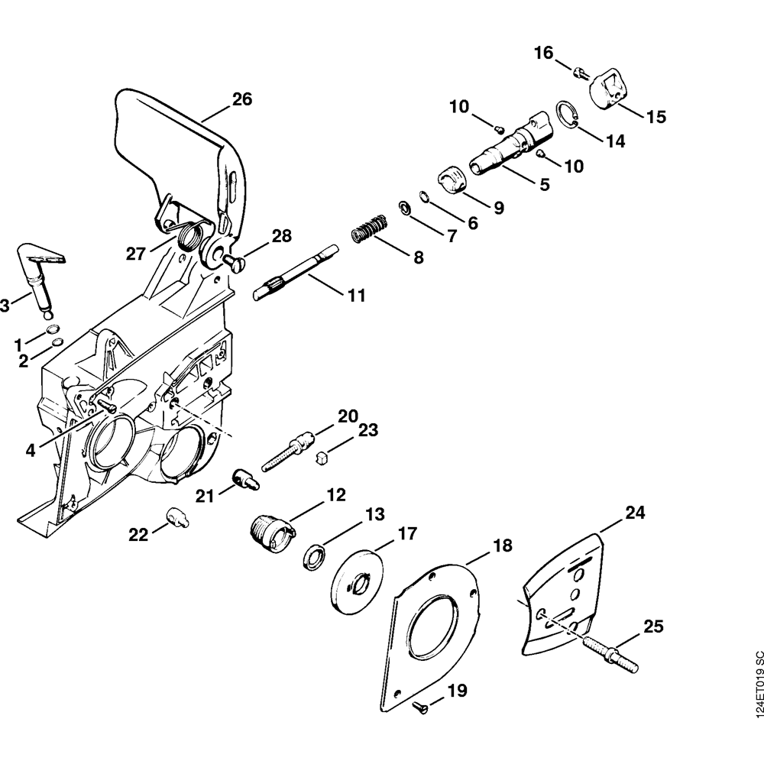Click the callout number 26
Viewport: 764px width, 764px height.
[x=242, y=99]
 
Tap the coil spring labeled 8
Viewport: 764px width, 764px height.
[x=371, y=228]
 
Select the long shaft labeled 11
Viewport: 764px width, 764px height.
[x=294, y=271]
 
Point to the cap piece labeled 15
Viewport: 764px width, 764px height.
[x=609, y=89]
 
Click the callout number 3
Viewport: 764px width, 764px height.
[x=4, y=306]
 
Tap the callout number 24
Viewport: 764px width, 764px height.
[x=635, y=513]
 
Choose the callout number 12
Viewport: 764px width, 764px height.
[x=335, y=495]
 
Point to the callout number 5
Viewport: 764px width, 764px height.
[x=544, y=184]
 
